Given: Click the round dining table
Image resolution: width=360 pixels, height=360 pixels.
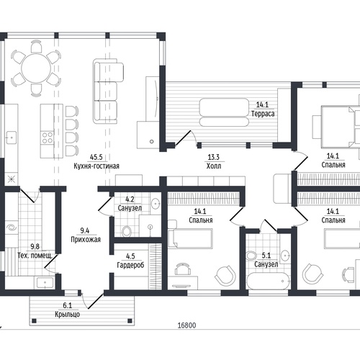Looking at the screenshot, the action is coord(36,68).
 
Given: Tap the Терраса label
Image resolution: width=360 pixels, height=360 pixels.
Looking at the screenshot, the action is coord(263,114).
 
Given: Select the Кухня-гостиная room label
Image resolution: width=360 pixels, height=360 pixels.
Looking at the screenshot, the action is coord(96,166).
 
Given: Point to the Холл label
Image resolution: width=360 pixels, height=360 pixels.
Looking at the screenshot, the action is coord(214,166).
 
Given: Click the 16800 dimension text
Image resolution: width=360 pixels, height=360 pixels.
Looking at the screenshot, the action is coord(186,325).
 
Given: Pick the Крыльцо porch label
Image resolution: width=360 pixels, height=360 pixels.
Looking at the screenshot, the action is coord(67,314).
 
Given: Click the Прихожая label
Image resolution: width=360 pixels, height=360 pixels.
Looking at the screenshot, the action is coord(86,240).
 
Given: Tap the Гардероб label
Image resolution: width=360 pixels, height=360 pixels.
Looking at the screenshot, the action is coord(130,265).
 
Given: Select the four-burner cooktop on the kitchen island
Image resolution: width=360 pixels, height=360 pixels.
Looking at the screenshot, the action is coord(48,138).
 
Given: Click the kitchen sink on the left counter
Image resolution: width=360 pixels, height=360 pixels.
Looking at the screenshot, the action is coord(11,138).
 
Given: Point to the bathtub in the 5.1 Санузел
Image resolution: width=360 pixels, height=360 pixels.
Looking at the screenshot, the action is coord(269,281).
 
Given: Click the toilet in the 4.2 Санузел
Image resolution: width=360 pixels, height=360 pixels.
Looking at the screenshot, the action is coord(127,231).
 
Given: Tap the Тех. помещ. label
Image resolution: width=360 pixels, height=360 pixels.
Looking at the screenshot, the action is coord(35,256).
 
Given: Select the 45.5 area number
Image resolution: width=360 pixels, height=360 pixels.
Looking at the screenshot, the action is coord(96,157).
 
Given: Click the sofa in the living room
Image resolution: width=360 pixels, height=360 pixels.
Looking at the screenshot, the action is coord(107,91).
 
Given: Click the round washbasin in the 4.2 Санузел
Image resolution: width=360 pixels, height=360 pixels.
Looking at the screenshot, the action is coord(156,204).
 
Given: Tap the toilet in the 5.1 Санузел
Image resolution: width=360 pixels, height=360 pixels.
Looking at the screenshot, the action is coord(251,256).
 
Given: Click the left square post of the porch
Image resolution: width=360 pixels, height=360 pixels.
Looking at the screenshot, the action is coord(34,320).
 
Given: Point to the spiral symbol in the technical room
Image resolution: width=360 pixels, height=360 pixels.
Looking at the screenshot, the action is coord(12,228).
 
